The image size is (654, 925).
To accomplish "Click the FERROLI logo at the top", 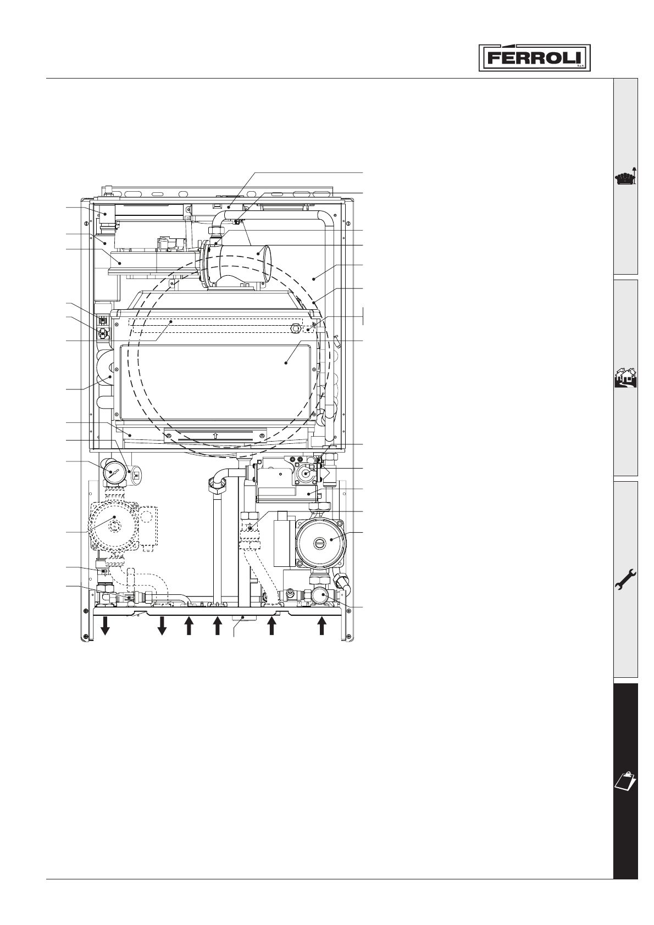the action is pyautogui.click(x=535, y=57).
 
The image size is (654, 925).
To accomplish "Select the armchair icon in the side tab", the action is pyautogui.click(x=627, y=178).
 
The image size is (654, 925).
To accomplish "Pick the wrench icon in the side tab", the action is pyautogui.click(x=626, y=580).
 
